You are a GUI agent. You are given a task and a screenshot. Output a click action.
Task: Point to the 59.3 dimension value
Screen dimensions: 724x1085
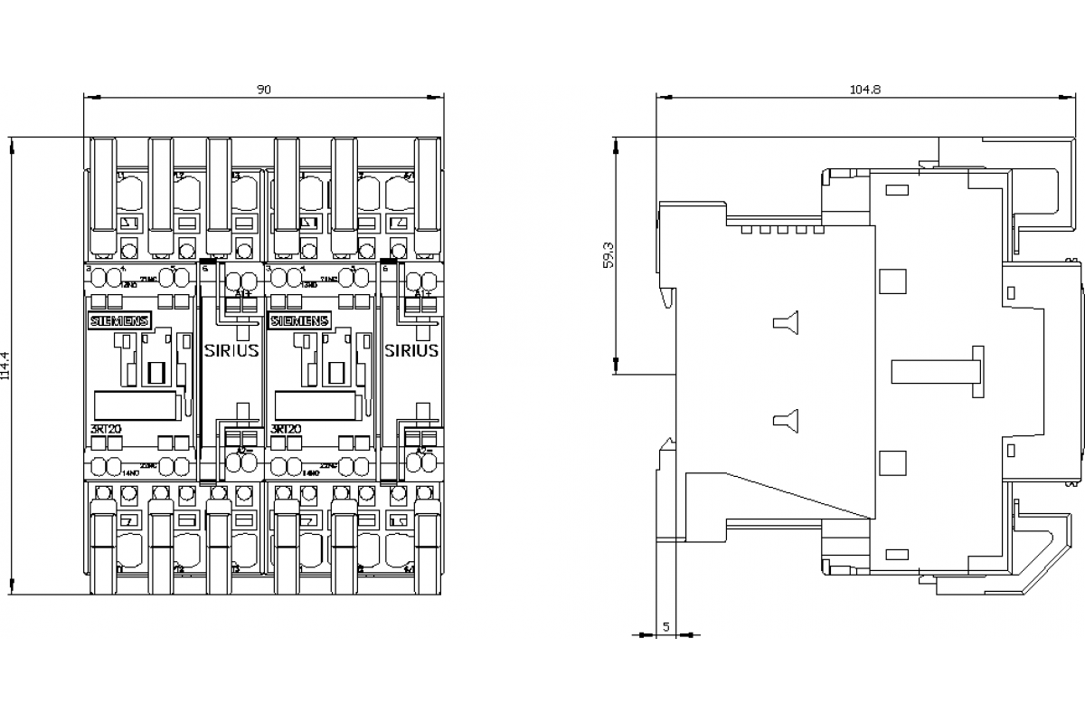tap(609, 255)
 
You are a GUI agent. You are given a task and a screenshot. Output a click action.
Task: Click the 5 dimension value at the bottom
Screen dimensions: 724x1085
tap(666, 625)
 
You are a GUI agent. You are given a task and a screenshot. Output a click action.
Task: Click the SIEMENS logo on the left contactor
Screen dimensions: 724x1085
tap(118, 321)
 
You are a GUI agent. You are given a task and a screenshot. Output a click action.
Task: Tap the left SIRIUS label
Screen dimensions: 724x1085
tap(231, 350)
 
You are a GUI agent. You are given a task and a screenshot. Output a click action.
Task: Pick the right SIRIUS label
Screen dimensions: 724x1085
tap(411, 350)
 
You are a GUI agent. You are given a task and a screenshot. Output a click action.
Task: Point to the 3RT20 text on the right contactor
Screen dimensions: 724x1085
tap(287, 429)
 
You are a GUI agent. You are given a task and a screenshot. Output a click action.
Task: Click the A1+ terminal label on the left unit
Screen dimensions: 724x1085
tap(242, 294)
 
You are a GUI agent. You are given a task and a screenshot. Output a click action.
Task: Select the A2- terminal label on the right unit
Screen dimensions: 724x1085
tap(423, 450)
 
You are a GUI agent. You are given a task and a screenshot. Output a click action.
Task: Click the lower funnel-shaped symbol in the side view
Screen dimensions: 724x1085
tap(784, 418)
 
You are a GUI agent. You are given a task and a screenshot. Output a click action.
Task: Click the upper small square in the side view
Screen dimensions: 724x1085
tap(892, 281)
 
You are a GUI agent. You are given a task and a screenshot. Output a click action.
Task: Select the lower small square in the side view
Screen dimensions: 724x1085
tap(892, 462)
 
